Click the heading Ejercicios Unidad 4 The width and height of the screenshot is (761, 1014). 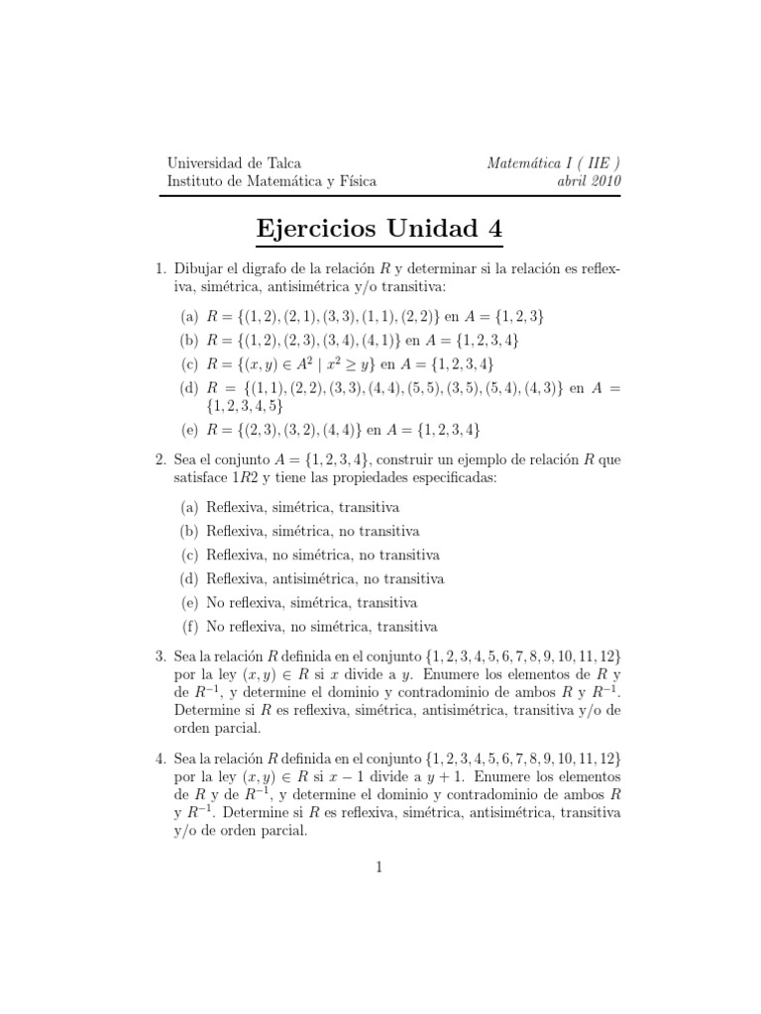click(x=380, y=229)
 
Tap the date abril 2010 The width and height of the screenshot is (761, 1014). click(x=591, y=181)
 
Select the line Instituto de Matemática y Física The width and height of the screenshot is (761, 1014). click(x=272, y=181)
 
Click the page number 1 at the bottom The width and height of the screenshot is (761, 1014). click(x=380, y=867)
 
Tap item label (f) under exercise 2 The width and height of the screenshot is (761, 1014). click(x=189, y=626)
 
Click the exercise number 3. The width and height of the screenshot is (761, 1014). click(x=161, y=656)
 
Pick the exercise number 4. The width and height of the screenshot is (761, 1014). click(x=161, y=758)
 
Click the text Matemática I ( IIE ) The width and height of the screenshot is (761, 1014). click(x=555, y=163)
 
